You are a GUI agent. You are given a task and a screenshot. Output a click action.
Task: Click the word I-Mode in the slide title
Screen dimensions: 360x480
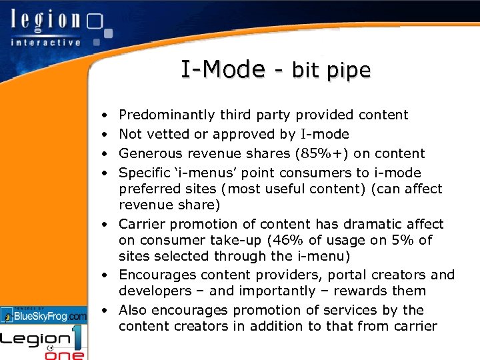pos(223,69)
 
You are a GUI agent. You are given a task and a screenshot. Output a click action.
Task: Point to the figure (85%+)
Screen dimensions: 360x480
pos(322,153)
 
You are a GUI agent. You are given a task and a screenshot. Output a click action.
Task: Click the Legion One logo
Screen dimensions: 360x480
pos(44,343)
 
